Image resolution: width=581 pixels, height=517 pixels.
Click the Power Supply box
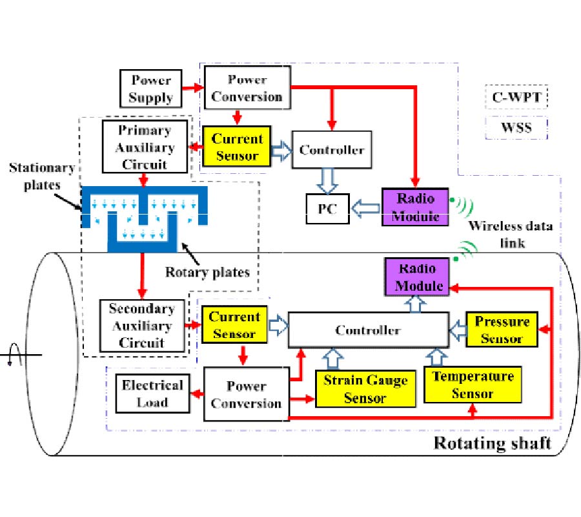pyautogui.click(x=152, y=89)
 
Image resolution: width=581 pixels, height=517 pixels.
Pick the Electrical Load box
pyautogui.click(x=152, y=393)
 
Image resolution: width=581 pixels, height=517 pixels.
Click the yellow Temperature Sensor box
pyautogui.click(x=473, y=384)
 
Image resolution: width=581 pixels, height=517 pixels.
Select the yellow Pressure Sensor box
pyautogui.click(x=502, y=330)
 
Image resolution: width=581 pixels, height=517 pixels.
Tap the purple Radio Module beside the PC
pyautogui.click(x=415, y=207)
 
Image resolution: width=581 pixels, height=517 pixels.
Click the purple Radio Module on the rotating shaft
pyautogui.click(x=416, y=277)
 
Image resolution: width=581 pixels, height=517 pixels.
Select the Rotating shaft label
pyautogui.click(x=492, y=443)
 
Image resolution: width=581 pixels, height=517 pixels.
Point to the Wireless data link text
pyautogui.click(x=505, y=234)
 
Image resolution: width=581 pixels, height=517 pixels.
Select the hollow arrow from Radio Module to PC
pyautogui.click(x=365, y=208)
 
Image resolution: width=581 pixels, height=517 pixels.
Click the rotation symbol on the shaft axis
pyautogui.click(x=12, y=355)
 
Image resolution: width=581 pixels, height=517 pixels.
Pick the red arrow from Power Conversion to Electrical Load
pyautogui.click(x=193, y=394)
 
